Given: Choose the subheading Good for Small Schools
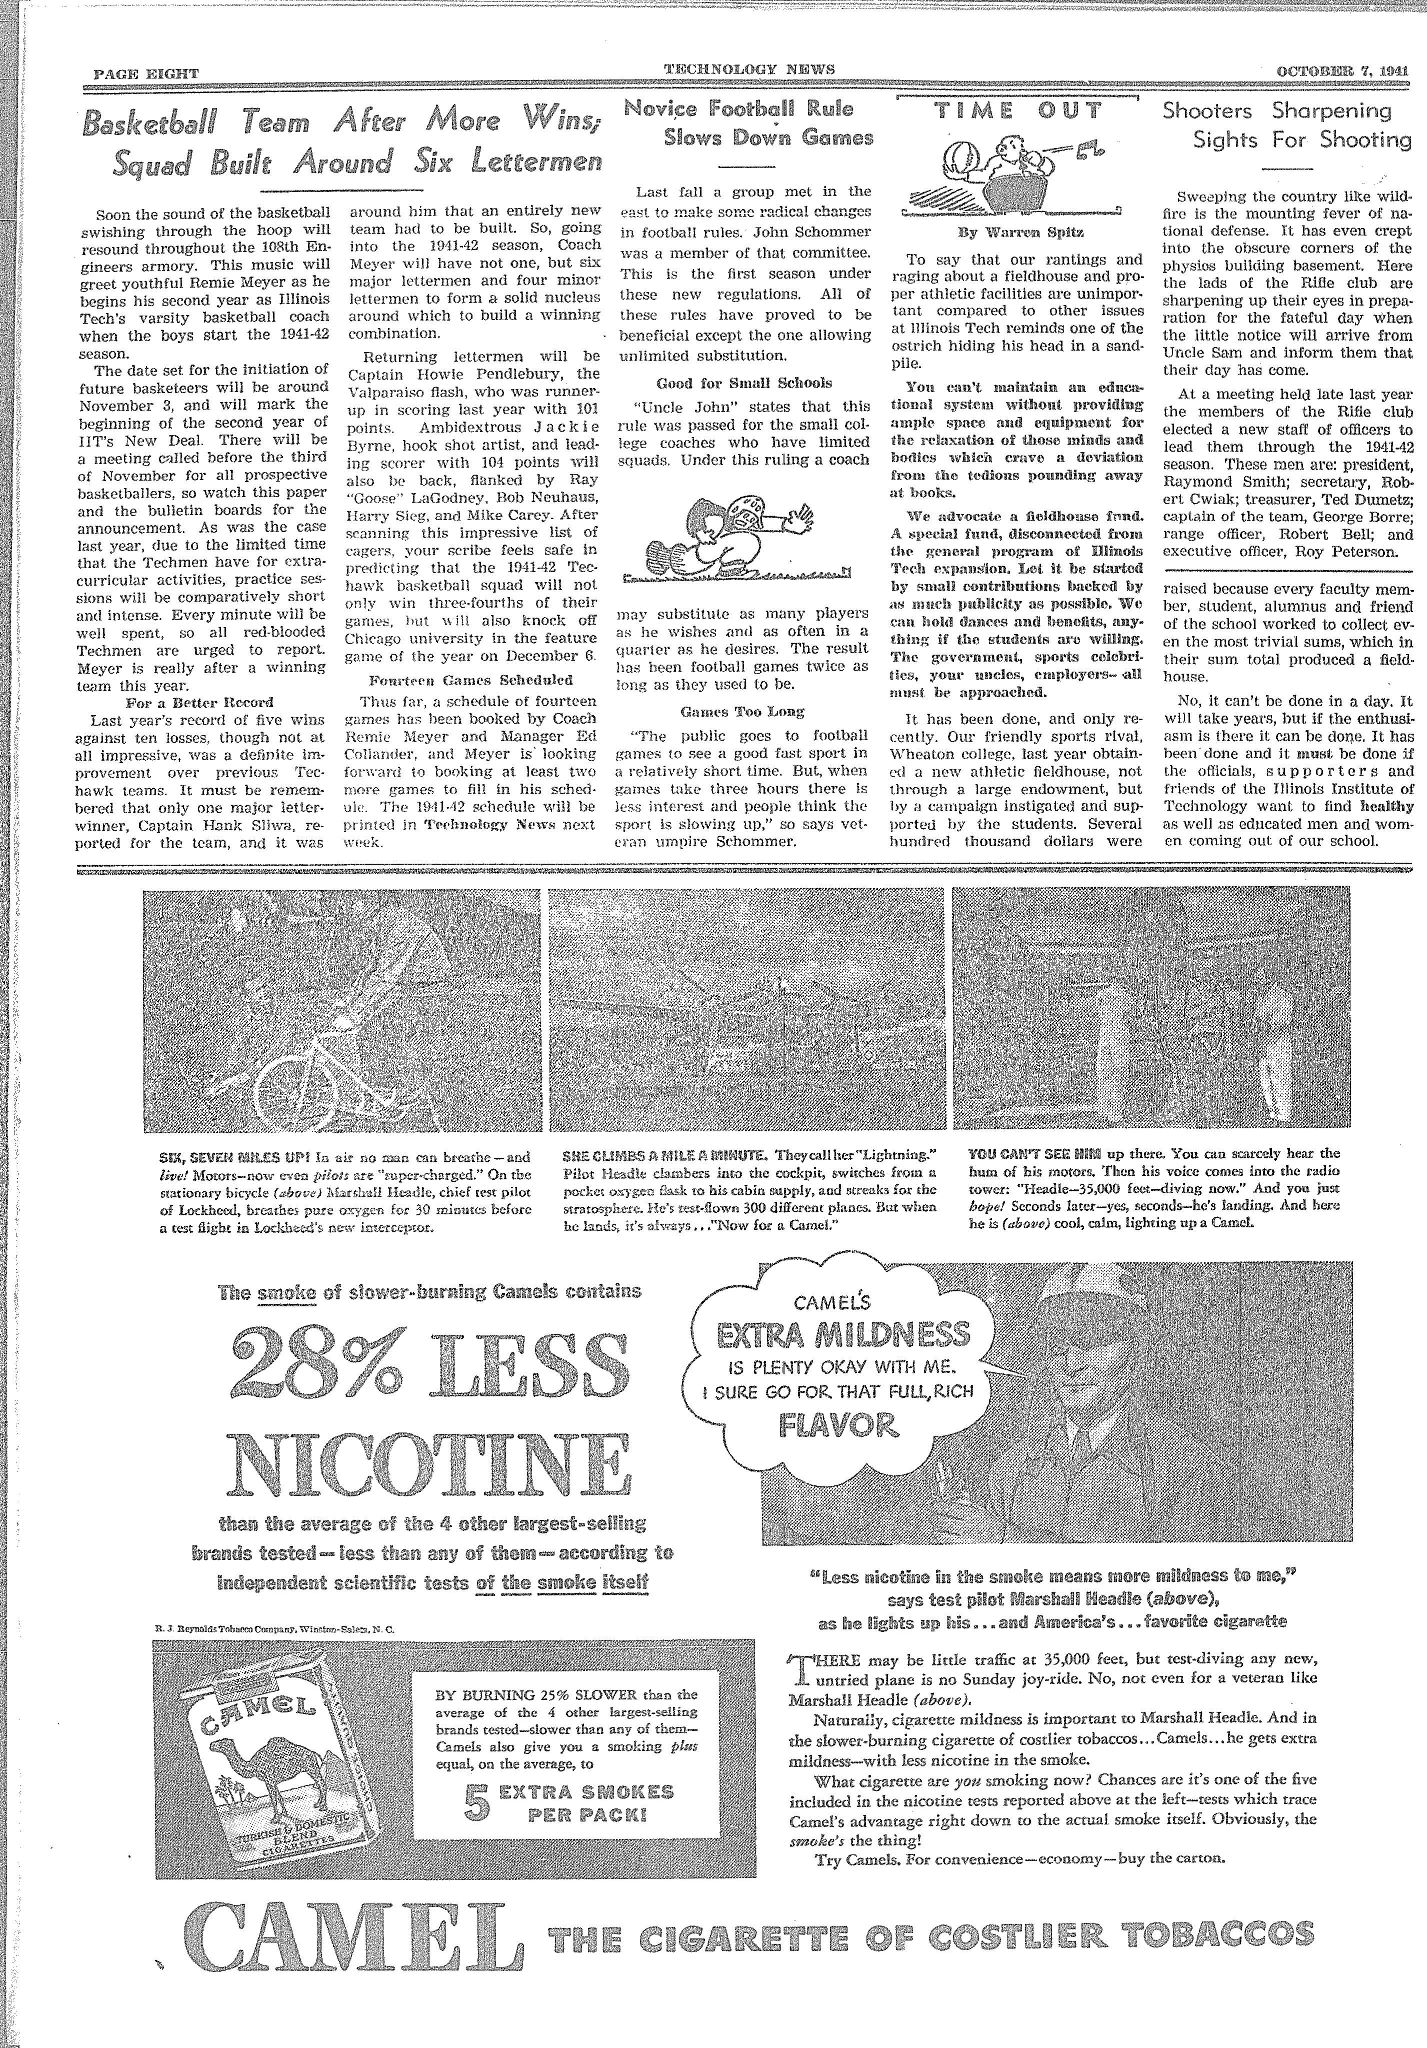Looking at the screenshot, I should [744, 383].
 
